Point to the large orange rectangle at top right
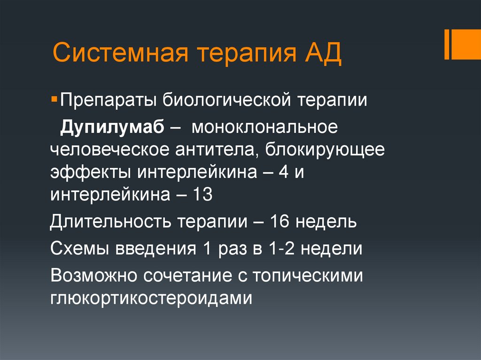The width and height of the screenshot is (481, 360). [466, 45]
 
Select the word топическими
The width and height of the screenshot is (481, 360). [308, 275]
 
